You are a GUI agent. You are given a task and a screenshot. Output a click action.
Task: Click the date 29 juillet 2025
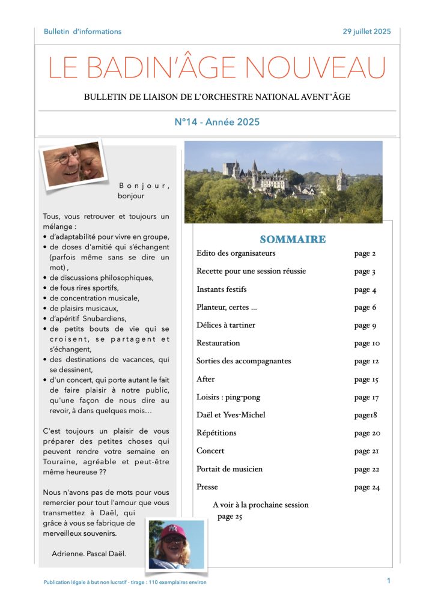pos(367,31)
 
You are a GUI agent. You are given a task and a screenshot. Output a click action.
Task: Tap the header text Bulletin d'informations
pos(82,31)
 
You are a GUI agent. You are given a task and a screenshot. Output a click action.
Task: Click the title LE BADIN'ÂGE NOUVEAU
pos(217,68)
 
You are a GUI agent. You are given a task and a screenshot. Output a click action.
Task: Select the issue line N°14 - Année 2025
pos(217,122)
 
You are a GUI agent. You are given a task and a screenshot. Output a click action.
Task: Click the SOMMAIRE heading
pos(293,240)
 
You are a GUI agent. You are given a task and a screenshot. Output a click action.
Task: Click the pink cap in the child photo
pos(174,531)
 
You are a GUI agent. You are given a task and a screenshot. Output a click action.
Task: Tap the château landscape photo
pos(283,182)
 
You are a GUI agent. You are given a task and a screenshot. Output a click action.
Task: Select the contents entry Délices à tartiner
pos(226,325)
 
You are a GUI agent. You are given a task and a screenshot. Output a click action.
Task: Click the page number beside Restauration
pos(367,344)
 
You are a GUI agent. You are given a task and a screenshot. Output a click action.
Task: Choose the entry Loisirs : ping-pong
pos(228,397)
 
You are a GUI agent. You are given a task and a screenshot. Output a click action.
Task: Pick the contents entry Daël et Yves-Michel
pos(231,415)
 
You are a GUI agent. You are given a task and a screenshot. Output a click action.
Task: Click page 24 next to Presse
pos(367,487)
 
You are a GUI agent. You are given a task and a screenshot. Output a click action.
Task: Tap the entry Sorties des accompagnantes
pos(243,361)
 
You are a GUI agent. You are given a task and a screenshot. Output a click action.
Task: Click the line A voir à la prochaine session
pos(261,504)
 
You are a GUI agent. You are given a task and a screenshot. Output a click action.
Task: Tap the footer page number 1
pos(389,580)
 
